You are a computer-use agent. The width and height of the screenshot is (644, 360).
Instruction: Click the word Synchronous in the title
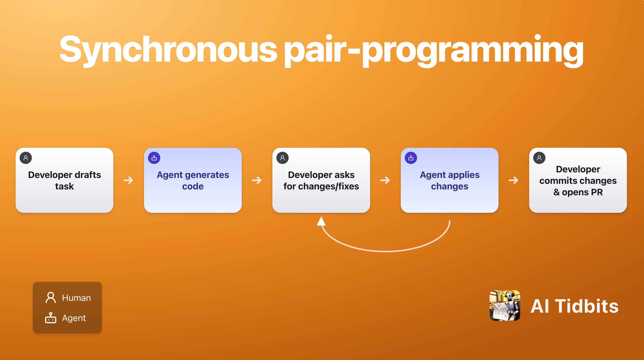(168, 50)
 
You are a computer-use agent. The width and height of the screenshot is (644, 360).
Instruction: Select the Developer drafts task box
(64, 180)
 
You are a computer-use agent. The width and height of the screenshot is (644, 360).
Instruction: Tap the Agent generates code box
(193, 180)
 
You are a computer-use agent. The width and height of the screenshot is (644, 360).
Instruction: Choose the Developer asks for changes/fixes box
(321, 180)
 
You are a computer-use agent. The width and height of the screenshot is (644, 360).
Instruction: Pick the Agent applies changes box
(449, 180)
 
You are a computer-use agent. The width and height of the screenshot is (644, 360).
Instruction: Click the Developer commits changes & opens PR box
(578, 180)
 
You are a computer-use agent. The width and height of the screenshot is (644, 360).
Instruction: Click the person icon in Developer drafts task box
(26, 158)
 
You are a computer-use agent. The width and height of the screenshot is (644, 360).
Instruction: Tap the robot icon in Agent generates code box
(154, 158)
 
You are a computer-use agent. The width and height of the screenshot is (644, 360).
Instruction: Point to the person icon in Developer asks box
(283, 158)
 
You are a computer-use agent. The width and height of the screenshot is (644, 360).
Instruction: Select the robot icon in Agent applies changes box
(411, 158)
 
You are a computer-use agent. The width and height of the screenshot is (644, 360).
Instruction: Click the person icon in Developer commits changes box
(539, 158)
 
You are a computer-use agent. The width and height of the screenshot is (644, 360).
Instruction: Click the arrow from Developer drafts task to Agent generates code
(128, 180)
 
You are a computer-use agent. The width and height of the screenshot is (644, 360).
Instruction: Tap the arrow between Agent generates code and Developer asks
(257, 180)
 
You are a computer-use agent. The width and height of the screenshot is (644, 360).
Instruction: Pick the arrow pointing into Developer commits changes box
(514, 180)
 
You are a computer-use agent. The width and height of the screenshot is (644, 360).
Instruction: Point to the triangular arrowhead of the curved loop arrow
(321, 221)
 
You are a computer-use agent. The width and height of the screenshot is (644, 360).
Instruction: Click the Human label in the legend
(76, 298)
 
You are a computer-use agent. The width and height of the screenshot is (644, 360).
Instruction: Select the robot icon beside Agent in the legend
(51, 318)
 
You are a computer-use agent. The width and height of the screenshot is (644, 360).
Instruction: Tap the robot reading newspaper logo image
(505, 305)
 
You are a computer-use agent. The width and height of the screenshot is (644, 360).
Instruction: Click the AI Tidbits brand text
(574, 306)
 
